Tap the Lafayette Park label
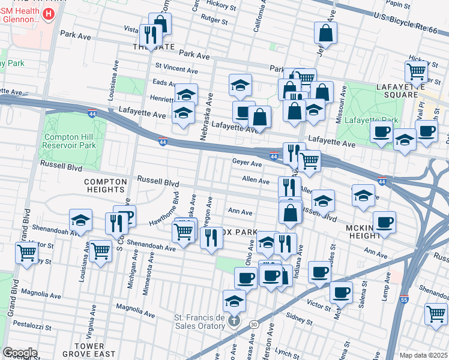coord(369,121)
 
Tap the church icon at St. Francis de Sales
coord(234,322)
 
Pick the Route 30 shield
coord(255,324)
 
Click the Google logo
coord(20,353)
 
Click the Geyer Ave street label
coord(247,163)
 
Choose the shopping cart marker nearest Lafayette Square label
coord(416,72)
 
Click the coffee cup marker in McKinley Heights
coord(384,221)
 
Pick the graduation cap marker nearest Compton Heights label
coord(80,220)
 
